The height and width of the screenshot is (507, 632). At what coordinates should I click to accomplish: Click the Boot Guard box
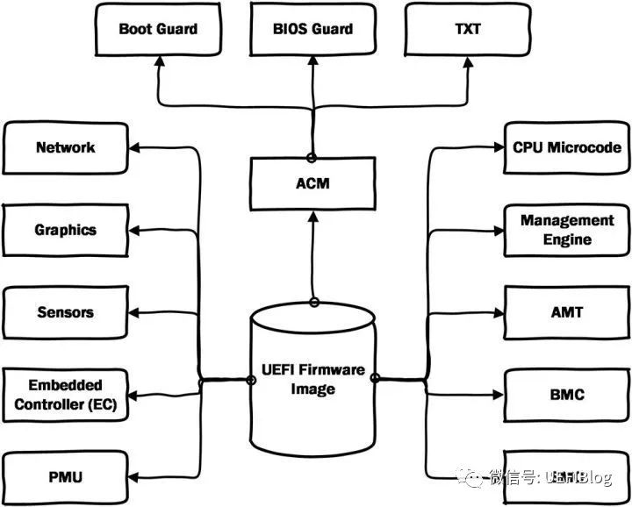pyautogui.click(x=159, y=29)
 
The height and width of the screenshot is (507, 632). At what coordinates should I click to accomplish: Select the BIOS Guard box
pyautogui.click(x=313, y=29)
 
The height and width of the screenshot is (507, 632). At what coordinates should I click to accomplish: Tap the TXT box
pyautogui.click(x=468, y=29)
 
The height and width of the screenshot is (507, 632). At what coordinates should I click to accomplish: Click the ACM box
pyautogui.click(x=312, y=182)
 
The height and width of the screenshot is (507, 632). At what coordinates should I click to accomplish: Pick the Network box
pyautogui.click(x=66, y=147)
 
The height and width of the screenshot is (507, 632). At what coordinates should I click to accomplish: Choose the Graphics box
pyautogui.click(x=66, y=230)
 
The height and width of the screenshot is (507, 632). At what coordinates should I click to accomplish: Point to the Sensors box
pyautogui.click(x=66, y=312)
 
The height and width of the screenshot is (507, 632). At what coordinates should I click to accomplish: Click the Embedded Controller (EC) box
pyautogui.click(x=66, y=395)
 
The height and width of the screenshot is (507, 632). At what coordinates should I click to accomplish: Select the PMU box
pyautogui.click(x=66, y=476)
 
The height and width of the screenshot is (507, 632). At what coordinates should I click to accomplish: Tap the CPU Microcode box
pyautogui.click(x=567, y=147)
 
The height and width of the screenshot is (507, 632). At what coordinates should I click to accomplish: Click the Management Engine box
pyautogui.click(x=567, y=230)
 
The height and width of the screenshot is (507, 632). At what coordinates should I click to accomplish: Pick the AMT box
pyautogui.click(x=567, y=312)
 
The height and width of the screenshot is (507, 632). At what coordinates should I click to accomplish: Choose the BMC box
pyautogui.click(x=567, y=395)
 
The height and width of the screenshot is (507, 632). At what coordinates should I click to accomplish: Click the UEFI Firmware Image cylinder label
pyautogui.click(x=313, y=379)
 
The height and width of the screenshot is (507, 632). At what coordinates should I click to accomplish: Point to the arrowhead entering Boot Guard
pyautogui.click(x=159, y=63)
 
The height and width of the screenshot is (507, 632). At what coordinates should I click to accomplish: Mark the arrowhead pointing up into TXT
pyautogui.click(x=467, y=63)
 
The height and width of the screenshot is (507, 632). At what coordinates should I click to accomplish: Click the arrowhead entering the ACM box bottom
pyautogui.click(x=312, y=216)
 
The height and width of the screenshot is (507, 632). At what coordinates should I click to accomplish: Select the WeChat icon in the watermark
pyautogui.click(x=474, y=478)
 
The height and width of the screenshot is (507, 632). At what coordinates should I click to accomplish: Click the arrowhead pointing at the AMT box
pyautogui.click(x=497, y=313)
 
